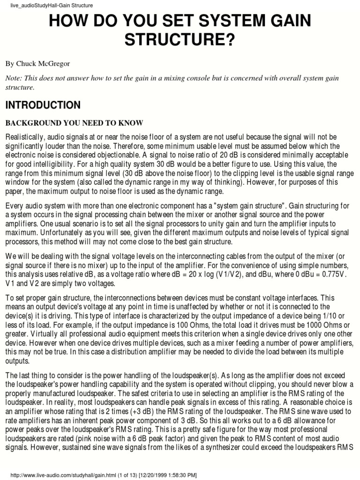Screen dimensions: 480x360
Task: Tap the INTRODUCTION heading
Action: click(x=43, y=105)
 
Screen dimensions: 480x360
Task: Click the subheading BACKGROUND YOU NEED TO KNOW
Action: click(x=74, y=123)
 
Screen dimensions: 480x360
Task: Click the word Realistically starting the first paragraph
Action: click(x=26, y=136)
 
